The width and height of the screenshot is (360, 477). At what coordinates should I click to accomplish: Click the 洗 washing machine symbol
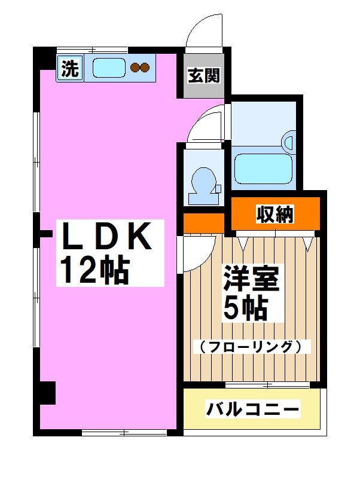(70, 69)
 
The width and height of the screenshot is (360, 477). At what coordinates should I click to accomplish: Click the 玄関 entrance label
(203, 77)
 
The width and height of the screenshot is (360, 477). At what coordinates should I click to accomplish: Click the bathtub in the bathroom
(264, 169)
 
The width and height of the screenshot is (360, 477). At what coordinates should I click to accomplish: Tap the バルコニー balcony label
(252, 410)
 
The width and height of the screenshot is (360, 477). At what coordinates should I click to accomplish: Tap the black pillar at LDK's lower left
(45, 393)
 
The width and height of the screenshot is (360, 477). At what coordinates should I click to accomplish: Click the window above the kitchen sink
(93, 50)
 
